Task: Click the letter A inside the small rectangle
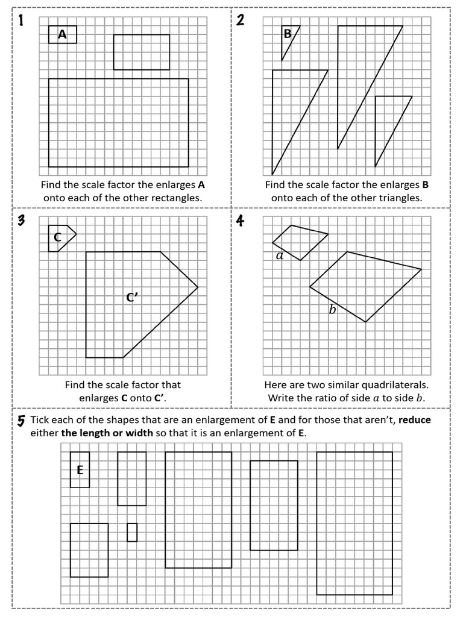click(x=63, y=35)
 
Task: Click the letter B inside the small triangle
click(x=288, y=34)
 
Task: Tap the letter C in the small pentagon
click(x=57, y=237)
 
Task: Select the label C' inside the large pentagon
click(x=132, y=297)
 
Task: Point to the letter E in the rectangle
click(x=80, y=470)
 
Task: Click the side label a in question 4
click(x=279, y=256)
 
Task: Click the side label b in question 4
click(x=332, y=310)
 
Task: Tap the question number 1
click(x=21, y=21)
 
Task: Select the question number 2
click(x=241, y=21)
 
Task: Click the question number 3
click(x=21, y=221)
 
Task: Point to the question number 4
click(x=241, y=221)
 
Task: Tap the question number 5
click(x=21, y=420)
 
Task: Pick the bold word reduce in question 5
click(x=415, y=420)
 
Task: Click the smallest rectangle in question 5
click(x=132, y=532)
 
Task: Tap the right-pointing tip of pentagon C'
click(x=197, y=287)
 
